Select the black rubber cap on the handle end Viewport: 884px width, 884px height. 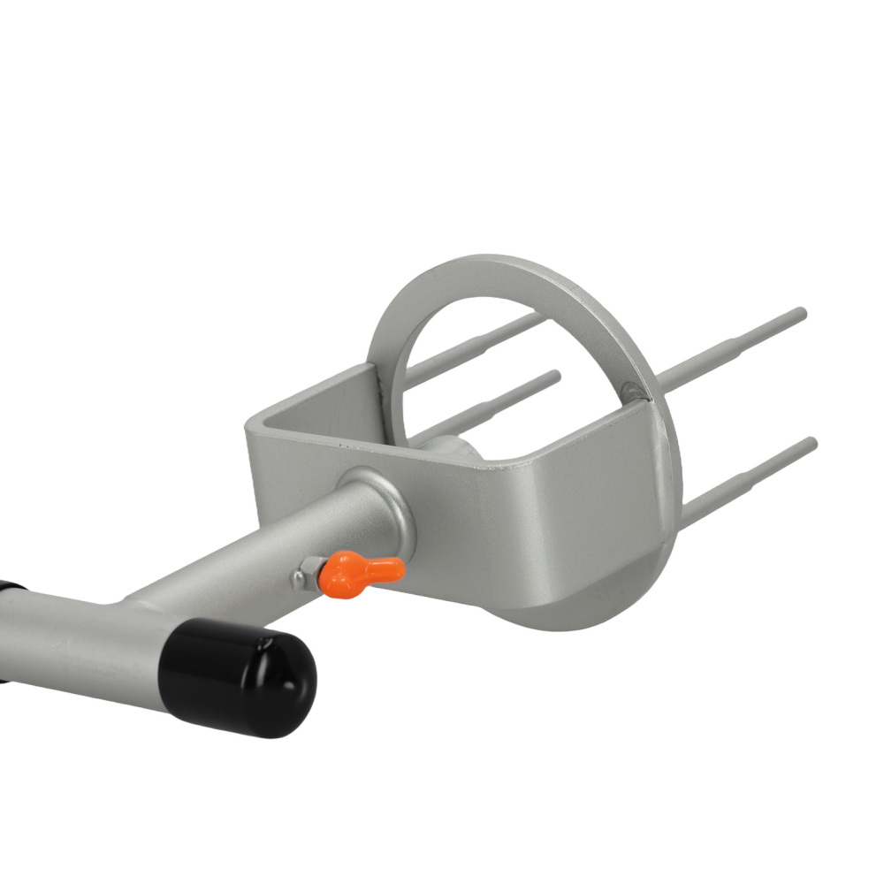coord(243,676)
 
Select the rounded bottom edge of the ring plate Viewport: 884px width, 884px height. coord(566,619)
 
